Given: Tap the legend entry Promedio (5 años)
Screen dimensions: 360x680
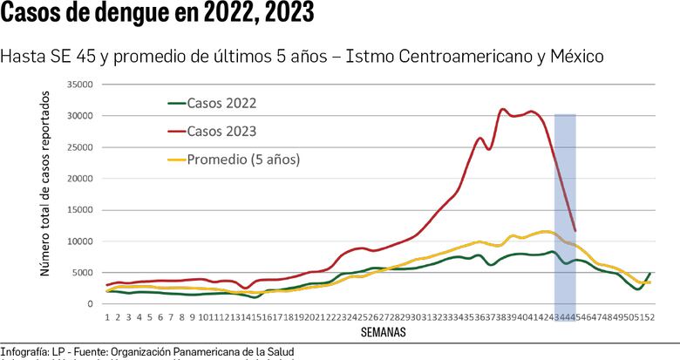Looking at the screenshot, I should tap(243, 160).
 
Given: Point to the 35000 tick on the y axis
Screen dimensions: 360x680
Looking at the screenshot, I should tap(79, 85).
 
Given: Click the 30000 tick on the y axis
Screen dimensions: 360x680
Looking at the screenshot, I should tap(79, 116).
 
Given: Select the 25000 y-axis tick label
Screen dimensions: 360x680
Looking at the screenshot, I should tap(79, 147).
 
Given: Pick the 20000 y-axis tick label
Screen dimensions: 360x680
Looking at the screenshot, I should tap(79, 179).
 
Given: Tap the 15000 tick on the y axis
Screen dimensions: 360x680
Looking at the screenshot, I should tap(79, 210).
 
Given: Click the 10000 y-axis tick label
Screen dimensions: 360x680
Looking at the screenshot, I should tap(79, 241).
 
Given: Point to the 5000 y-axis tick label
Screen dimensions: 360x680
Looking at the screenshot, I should tap(82, 273).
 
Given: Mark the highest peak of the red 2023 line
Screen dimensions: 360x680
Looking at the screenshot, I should tap(503, 110).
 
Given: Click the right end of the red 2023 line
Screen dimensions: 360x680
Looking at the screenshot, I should tap(575, 231).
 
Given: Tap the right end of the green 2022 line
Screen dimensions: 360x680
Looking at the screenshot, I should tap(650, 273).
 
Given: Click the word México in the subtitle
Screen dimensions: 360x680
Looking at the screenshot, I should tap(575, 57).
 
